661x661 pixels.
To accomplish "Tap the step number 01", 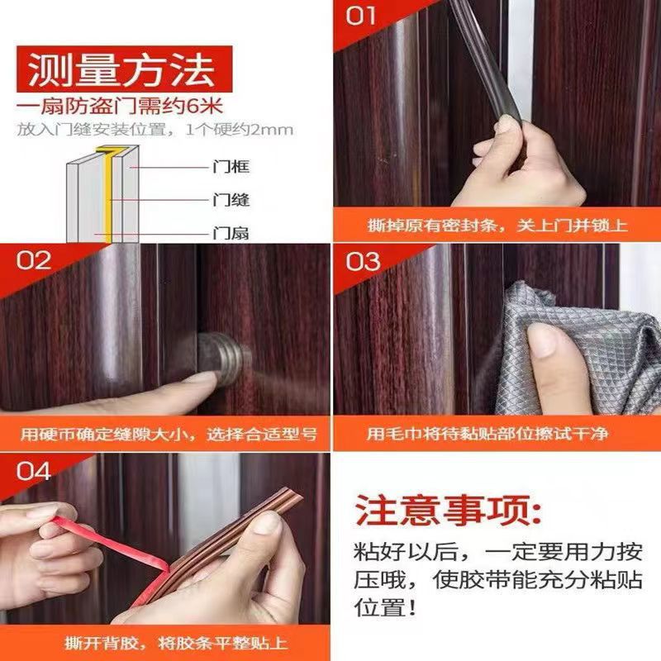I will pos(360,16).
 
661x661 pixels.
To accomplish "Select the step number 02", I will pos(35,262).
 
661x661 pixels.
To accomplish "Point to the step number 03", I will pos(363,262).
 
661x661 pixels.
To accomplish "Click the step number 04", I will pos(34,472).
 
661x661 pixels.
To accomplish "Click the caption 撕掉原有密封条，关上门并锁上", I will pos(497,225).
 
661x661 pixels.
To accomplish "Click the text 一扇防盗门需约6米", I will pos(121,107).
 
